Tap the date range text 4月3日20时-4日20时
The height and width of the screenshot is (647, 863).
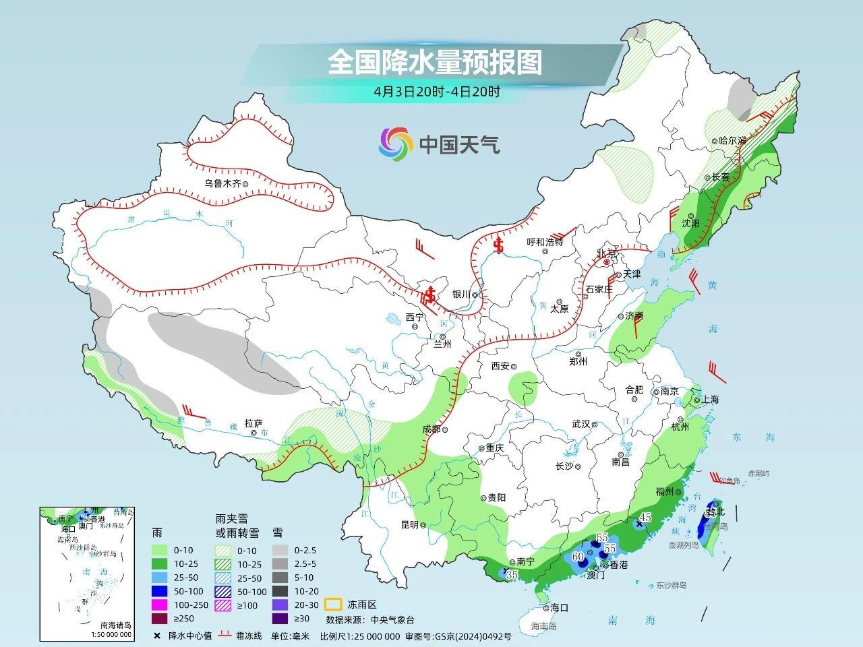437,92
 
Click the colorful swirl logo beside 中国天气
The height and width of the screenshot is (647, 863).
395,144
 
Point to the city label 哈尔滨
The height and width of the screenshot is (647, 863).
732,141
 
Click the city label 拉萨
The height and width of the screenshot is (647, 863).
253,423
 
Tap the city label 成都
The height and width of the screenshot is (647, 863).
431,429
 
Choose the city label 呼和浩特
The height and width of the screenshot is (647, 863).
545,243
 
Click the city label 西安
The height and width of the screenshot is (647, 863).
500,366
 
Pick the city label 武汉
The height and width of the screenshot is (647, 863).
581,424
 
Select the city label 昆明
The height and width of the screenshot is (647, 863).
410,524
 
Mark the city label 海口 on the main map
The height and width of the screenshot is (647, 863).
559,607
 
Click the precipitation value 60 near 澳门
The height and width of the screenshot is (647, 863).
578,557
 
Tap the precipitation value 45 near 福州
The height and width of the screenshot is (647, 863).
645,517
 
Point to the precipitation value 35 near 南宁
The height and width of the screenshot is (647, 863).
512,575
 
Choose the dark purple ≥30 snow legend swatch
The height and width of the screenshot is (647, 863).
281,619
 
